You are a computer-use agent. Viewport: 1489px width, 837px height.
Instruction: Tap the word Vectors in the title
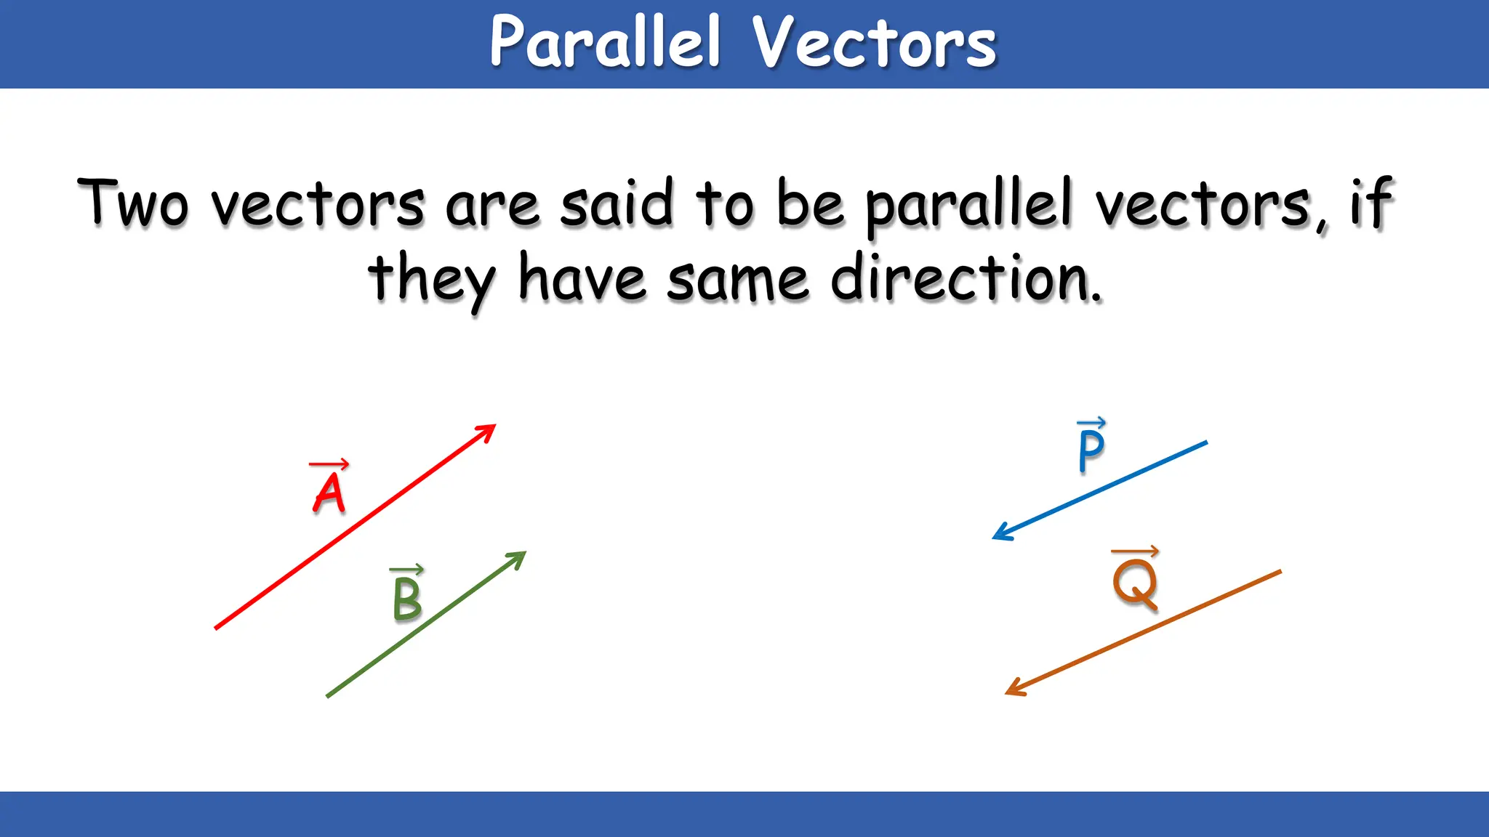[x=874, y=44]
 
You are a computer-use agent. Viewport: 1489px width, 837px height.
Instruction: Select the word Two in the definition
[x=133, y=203]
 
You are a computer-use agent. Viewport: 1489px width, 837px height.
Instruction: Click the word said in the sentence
[x=617, y=203]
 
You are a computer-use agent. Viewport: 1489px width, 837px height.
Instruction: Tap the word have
[x=582, y=279]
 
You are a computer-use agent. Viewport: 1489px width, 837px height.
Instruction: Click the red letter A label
[x=329, y=493]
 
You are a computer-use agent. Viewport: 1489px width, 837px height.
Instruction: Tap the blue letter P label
[x=1091, y=450]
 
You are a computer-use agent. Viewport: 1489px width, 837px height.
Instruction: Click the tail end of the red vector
[x=217, y=627]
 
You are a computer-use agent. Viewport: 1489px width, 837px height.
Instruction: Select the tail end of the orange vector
[x=1279, y=572]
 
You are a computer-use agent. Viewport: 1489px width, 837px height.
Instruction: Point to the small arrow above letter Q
[x=1135, y=552]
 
